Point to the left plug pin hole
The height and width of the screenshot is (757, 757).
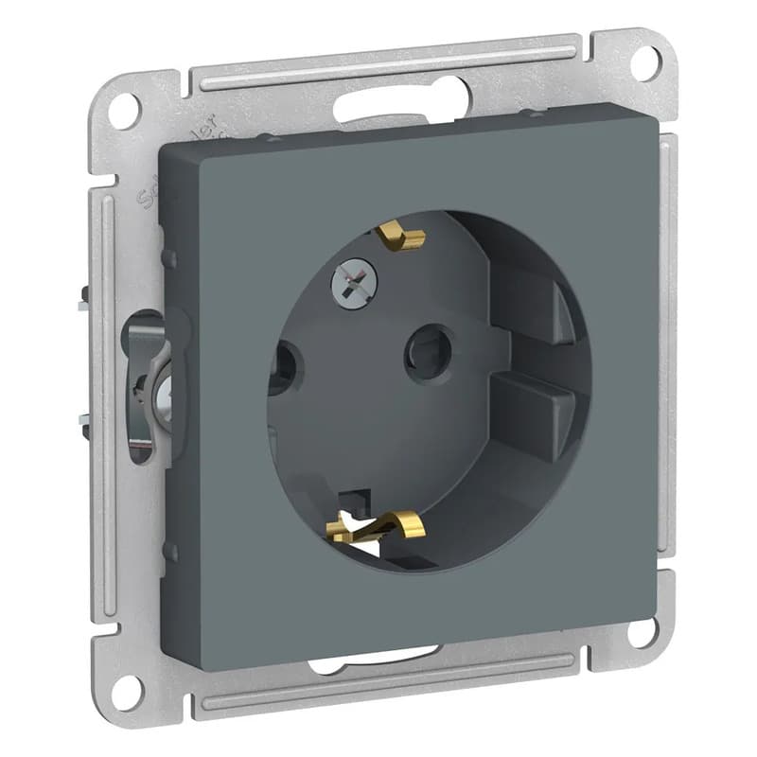282,366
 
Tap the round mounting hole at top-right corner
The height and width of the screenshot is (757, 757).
643,61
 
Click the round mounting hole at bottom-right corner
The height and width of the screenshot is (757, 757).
643,631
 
